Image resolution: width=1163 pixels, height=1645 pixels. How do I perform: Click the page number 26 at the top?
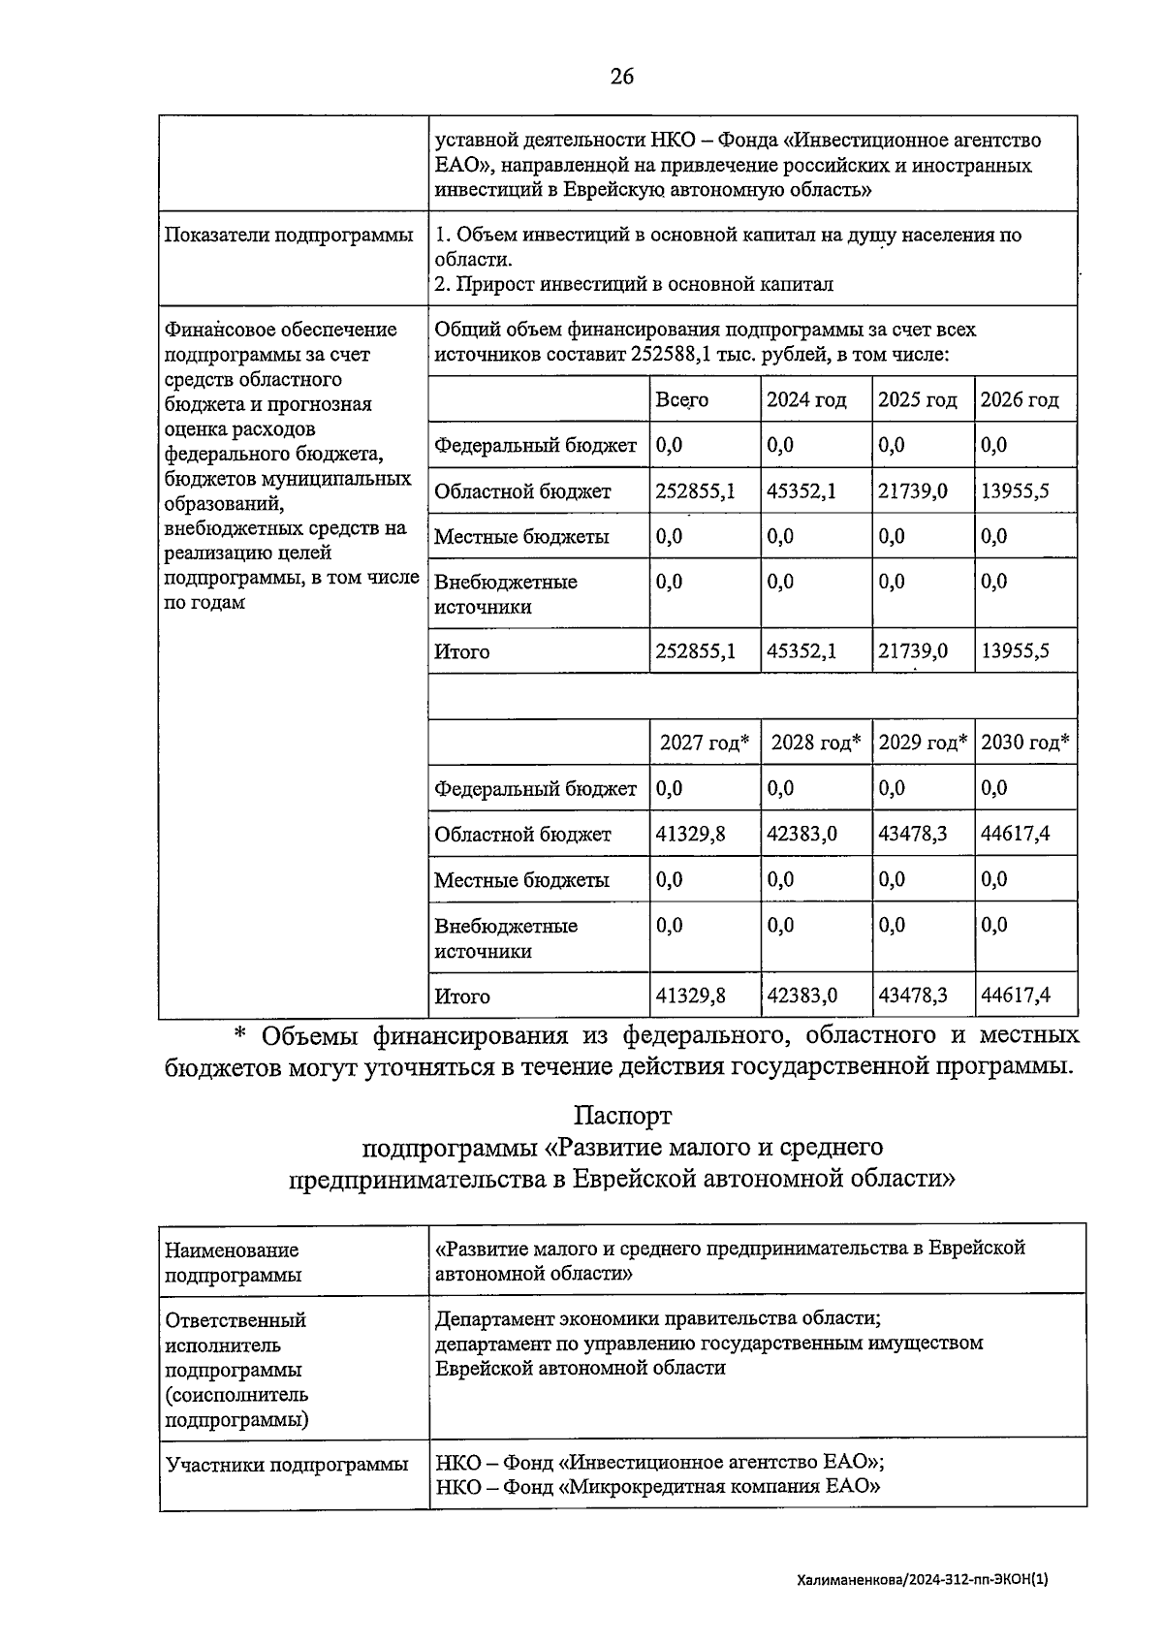coord(621,77)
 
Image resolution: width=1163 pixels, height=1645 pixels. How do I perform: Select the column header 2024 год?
coord(806,400)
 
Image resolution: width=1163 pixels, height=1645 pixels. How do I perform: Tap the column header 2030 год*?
coord(1024,743)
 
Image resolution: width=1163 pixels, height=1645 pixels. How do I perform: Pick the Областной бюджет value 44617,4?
coord(1015,834)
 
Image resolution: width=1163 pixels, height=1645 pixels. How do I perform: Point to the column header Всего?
coord(681,400)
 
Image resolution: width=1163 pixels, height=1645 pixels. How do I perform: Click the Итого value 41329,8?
coord(690,996)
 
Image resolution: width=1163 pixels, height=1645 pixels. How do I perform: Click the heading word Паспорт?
coord(621,1117)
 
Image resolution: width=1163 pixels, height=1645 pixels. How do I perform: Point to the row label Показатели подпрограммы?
coord(289,236)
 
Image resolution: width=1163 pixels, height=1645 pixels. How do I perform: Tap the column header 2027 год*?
coord(704,743)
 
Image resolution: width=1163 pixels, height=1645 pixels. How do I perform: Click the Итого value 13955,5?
coord(1015,651)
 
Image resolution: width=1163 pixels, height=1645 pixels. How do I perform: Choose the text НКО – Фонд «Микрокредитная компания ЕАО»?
coord(657,1487)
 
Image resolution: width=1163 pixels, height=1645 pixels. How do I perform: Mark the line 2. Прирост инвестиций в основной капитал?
coord(634,285)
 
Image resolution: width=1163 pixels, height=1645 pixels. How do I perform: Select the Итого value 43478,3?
coord(912,996)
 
